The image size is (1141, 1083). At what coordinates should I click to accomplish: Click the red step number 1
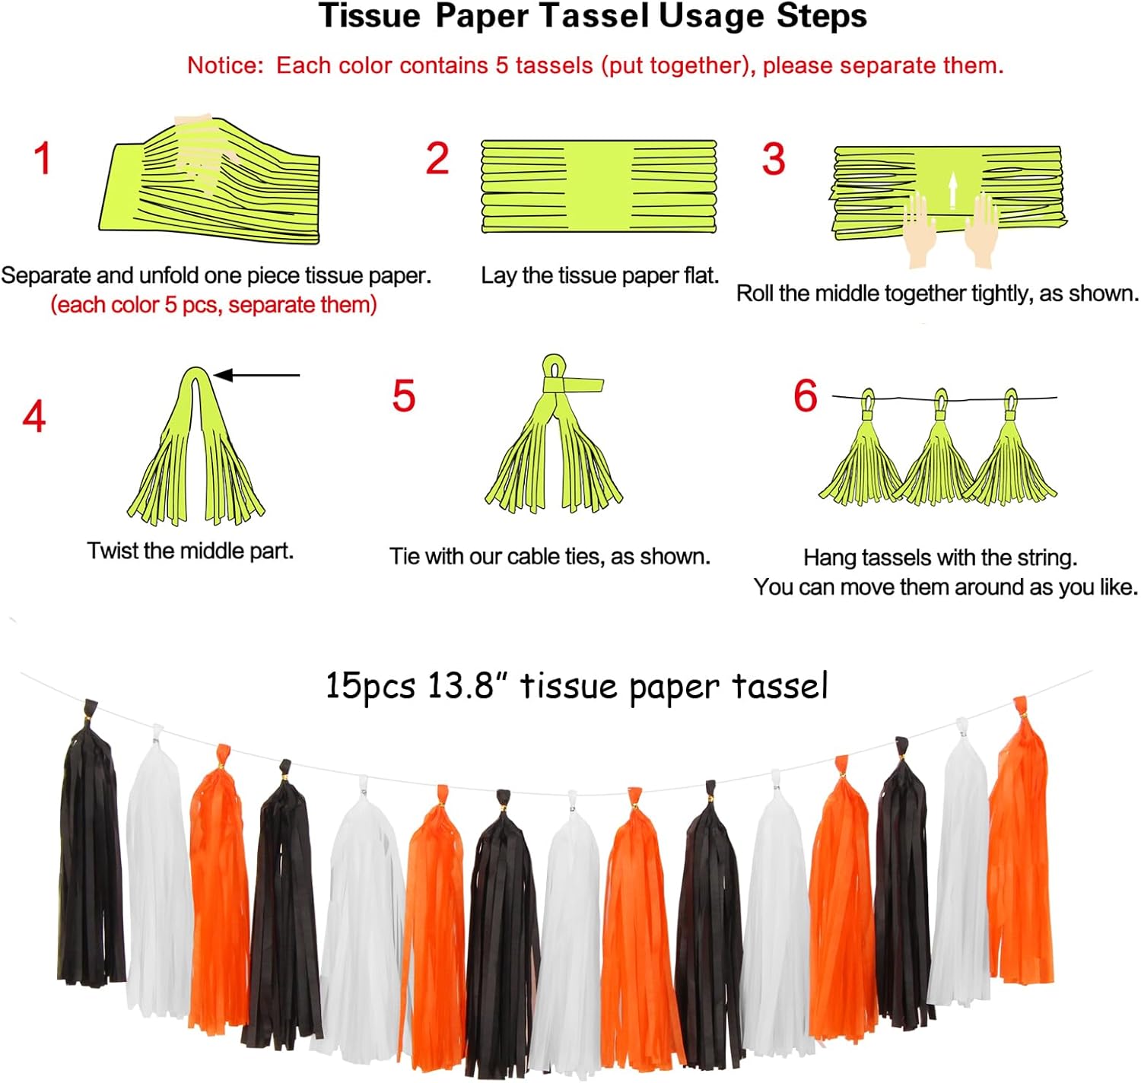(x=43, y=158)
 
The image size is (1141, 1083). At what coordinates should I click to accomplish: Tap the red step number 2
(x=437, y=158)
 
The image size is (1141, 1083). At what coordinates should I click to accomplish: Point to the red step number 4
(x=34, y=416)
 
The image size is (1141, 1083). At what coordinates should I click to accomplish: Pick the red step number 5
(x=404, y=395)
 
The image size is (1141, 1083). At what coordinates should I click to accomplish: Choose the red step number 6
(x=806, y=395)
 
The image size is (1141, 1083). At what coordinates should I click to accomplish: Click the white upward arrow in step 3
(x=952, y=190)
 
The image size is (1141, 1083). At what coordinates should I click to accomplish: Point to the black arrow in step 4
(x=256, y=376)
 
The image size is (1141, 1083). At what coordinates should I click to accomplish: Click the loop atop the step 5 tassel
(x=554, y=367)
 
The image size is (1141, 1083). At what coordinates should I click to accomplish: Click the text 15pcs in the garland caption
(x=371, y=686)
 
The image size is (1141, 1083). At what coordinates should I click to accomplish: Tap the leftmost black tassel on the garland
(x=91, y=843)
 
